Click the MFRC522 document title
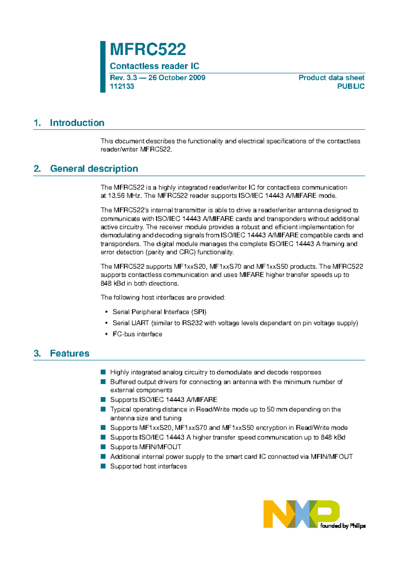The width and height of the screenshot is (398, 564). click(x=148, y=49)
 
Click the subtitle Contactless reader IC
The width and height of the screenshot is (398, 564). click(x=155, y=66)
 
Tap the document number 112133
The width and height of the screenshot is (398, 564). click(x=122, y=86)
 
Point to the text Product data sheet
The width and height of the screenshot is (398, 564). click(x=331, y=78)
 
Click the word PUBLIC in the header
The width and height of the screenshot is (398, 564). click(x=351, y=86)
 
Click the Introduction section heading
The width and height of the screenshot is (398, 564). click(x=77, y=123)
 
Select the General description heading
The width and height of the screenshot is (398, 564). click(x=94, y=169)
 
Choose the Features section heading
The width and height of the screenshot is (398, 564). click(x=70, y=353)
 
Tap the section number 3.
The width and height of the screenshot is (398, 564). click(x=37, y=353)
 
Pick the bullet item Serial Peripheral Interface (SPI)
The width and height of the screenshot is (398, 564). click(x=160, y=312)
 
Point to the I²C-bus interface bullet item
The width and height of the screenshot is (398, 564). click(x=137, y=334)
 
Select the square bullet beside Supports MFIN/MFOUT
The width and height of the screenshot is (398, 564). click(x=103, y=447)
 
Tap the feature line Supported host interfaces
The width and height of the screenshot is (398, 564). click(x=148, y=466)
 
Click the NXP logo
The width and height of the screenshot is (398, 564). click(x=301, y=514)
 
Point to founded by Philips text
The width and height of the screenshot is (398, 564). click(x=343, y=526)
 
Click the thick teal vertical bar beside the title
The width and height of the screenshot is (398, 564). click(x=103, y=67)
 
